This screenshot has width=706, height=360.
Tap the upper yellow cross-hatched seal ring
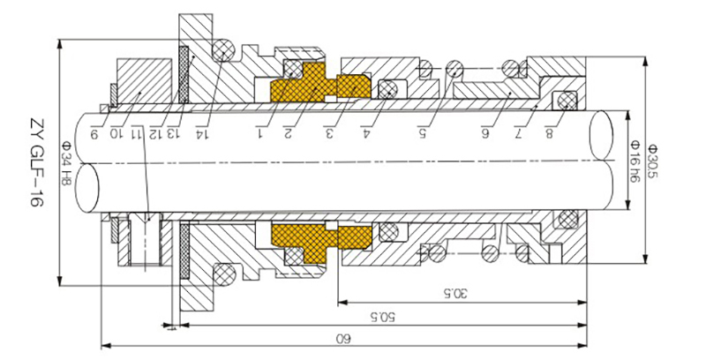point(322,86)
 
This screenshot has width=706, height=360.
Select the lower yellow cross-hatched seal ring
point(322,239)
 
